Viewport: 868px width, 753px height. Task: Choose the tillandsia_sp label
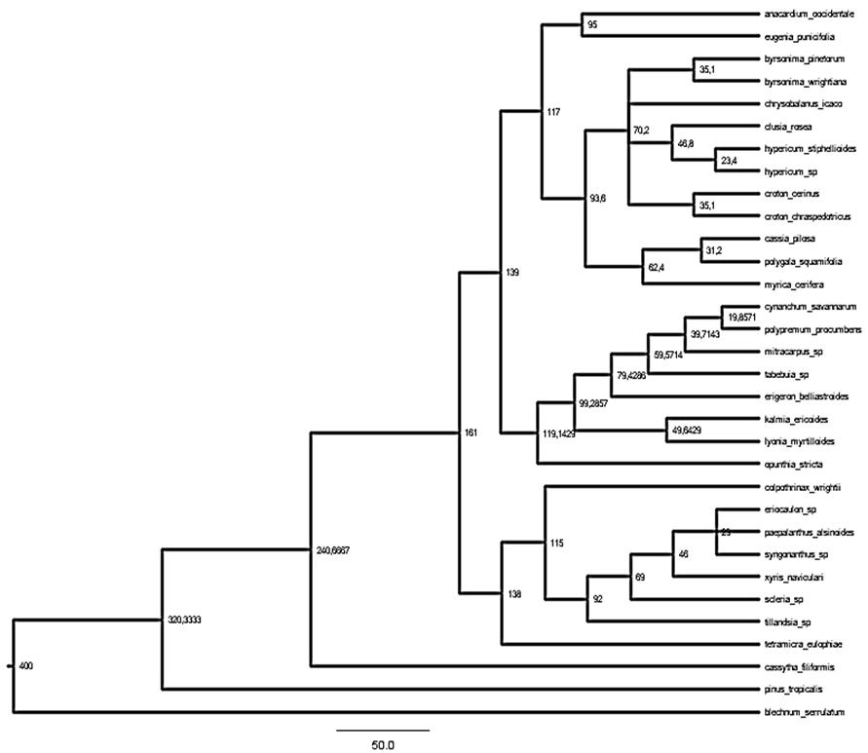tap(788, 621)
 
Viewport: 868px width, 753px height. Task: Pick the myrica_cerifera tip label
tap(793, 283)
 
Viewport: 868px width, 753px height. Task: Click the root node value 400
tap(27, 666)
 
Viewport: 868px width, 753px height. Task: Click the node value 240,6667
tap(334, 550)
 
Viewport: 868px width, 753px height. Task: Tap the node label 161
tap(470, 433)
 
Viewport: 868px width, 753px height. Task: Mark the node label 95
tap(592, 25)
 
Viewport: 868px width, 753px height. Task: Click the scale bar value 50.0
tap(383, 744)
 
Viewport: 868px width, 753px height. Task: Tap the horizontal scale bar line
tap(383, 729)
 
